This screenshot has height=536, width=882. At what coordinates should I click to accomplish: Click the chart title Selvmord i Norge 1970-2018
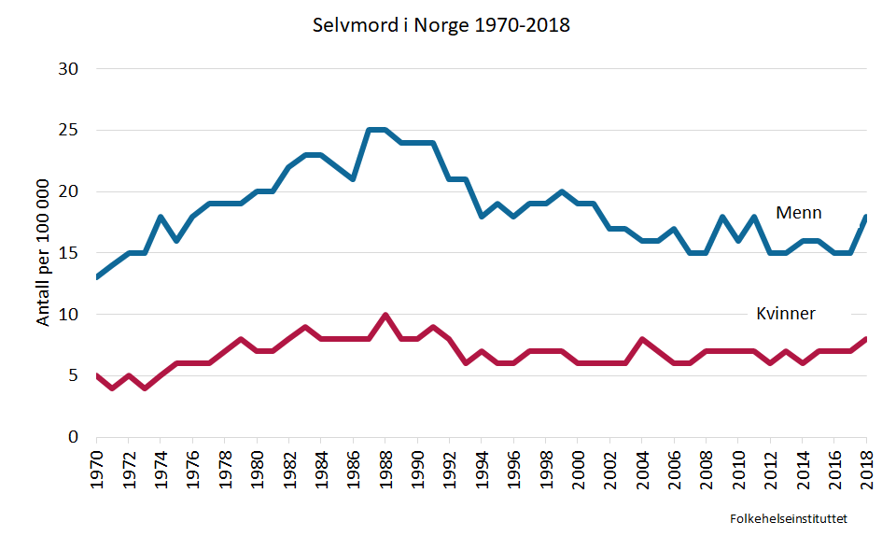pos(441,25)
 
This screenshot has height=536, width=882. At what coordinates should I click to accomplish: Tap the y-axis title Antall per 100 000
pos(44,253)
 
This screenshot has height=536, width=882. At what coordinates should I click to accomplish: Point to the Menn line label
pos(798,213)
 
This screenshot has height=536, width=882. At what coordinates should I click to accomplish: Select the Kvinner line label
pos(785,314)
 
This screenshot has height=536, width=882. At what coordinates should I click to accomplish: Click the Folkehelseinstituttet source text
pos(794,516)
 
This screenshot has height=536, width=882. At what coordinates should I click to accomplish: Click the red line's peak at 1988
pos(385,316)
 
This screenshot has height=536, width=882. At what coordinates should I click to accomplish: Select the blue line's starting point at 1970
pos(97,278)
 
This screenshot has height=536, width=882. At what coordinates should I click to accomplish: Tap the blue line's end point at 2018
pos(865,218)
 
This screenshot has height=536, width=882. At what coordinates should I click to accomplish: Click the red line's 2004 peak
pos(642,340)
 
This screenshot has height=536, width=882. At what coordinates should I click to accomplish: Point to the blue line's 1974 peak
pos(161,218)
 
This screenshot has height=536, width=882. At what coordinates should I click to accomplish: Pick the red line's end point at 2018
pos(865,340)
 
